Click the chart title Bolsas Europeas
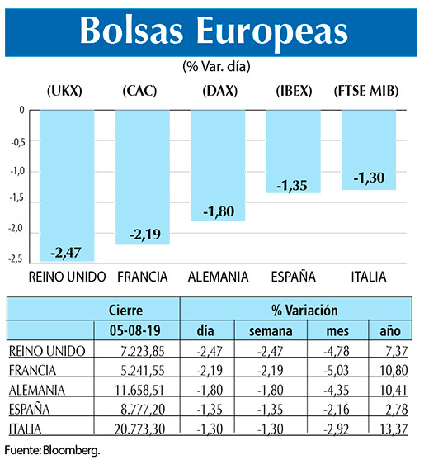pyautogui.click(x=214, y=31)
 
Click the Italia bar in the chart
pyautogui.click(x=368, y=149)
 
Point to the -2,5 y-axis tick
pyautogui.click(x=16, y=261)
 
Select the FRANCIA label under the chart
pyautogui.click(x=144, y=276)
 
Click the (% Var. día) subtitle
pyautogui.click(x=214, y=64)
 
